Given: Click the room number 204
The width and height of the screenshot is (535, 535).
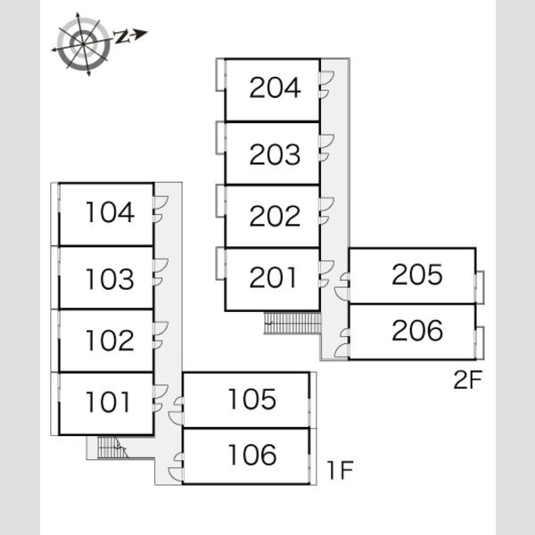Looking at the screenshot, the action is [275, 87].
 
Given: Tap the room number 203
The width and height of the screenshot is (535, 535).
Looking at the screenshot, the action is [275, 154].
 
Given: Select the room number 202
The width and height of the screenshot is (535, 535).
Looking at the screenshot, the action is [275, 216].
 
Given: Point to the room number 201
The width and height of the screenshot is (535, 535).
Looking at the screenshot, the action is [273, 277].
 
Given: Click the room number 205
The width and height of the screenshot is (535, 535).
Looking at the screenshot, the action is [417, 274].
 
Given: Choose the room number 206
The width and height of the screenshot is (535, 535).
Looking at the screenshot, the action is [417, 330].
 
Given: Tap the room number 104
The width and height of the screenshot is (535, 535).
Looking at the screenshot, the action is [110, 212].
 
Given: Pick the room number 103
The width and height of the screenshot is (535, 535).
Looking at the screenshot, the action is [110, 279].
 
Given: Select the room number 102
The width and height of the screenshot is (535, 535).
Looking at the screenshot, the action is [110, 341].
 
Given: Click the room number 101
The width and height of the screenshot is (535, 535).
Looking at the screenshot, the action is [108, 401].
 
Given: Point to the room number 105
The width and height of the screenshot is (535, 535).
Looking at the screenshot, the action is [251, 399].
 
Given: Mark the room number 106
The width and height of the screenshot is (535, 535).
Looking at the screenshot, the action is [251, 455].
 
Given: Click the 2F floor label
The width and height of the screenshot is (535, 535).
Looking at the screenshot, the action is [467, 380].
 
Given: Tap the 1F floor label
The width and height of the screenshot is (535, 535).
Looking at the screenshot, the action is [340, 470].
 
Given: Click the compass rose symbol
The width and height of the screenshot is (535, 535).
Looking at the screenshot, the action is [83, 44].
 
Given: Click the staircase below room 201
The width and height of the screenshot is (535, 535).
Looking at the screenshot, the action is [292, 323].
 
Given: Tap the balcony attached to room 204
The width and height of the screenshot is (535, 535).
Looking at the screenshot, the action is [220, 75].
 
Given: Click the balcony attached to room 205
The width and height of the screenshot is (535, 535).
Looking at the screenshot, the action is [480, 287].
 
